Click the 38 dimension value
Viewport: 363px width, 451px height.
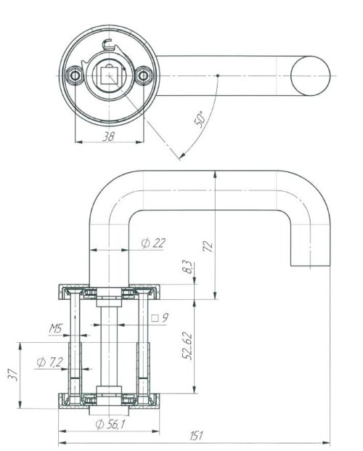pyautogui.click(x=108, y=137)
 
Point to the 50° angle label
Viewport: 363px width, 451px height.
pyautogui.click(x=200, y=119)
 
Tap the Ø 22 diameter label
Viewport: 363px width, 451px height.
pyautogui.click(x=153, y=243)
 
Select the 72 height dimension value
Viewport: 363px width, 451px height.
pyautogui.click(x=208, y=246)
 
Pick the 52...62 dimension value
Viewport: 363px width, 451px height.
pyautogui.click(x=187, y=346)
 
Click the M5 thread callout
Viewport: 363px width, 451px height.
pyautogui.click(x=56, y=328)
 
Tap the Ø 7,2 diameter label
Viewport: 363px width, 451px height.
pyautogui.click(x=49, y=362)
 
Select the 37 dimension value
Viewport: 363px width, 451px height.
pyautogui.click(x=14, y=375)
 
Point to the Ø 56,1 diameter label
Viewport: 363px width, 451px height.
pyautogui.click(x=110, y=424)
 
